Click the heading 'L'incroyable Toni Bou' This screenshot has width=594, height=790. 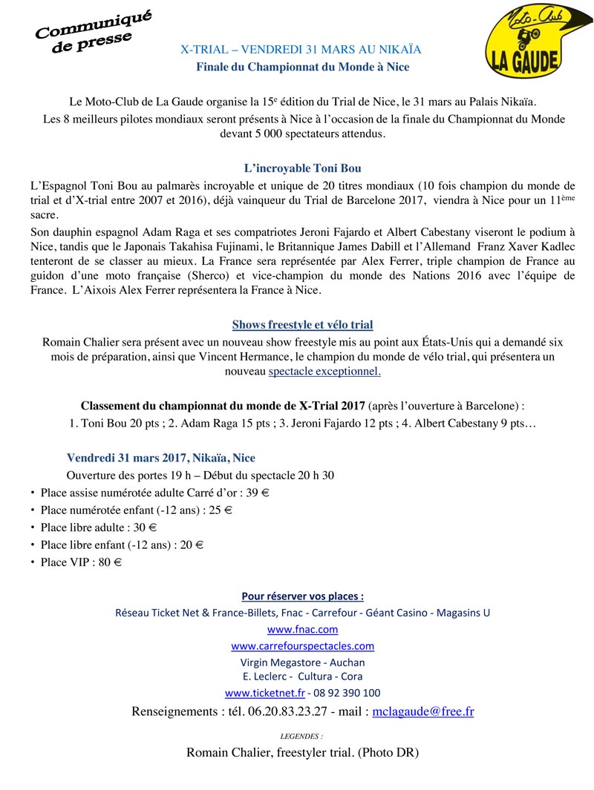click(302, 168)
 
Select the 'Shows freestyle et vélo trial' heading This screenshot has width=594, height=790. click(302, 325)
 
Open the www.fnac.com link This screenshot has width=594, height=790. click(302, 629)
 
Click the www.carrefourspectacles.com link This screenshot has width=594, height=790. click(302, 645)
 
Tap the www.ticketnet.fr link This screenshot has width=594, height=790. click(265, 693)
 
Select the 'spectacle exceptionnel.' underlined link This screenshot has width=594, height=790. click(324, 372)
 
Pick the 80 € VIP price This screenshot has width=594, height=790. click(110, 562)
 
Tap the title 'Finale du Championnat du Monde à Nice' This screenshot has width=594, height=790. click(302, 67)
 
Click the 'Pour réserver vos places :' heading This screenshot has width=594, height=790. click(302, 596)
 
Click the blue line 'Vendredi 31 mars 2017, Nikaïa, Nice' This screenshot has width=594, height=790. click(160, 458)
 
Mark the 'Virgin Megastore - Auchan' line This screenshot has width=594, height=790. click(302, 662)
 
